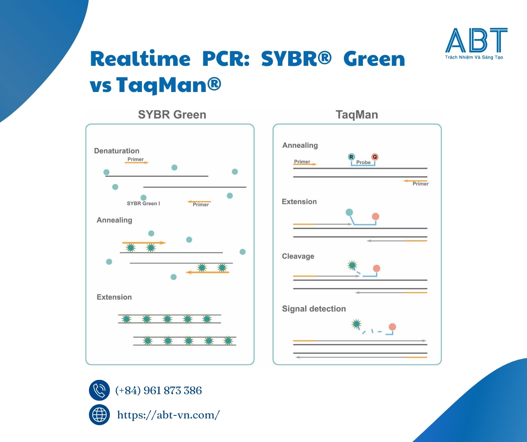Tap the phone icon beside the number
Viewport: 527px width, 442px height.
click(x=99, y=390)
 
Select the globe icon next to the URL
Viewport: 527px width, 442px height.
click(x=99, y=415)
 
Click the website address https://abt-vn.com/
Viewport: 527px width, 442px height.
click(x=168, y=415)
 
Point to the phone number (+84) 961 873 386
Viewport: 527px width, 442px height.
click(x=158, y=390)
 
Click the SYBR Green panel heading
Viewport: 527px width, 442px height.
click(x=172, y=114)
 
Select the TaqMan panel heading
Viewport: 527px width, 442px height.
click(x=357, y=114)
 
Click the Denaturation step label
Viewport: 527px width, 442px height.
click(x=117, y=151)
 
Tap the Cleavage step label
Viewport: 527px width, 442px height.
click(x=298, y=256)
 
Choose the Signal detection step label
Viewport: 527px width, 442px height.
click(x=314, y=309)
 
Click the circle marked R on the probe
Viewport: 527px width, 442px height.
click(x=351, y=157)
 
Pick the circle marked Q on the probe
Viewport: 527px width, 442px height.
click(x=375, y=157)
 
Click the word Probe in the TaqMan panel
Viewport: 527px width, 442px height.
click(x=363, y=162)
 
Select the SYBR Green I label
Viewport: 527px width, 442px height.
click(x=143, y=203)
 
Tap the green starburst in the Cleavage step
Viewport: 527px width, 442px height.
click(x=352, y=265)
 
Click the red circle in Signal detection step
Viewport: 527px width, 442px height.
click(x=392, y=327)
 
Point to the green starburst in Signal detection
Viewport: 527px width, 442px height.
click(x=357, y=323)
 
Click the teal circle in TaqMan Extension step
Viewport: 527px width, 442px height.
click(x=349, y=212)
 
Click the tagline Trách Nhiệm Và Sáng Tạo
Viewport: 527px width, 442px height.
click(x=474, y=57)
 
